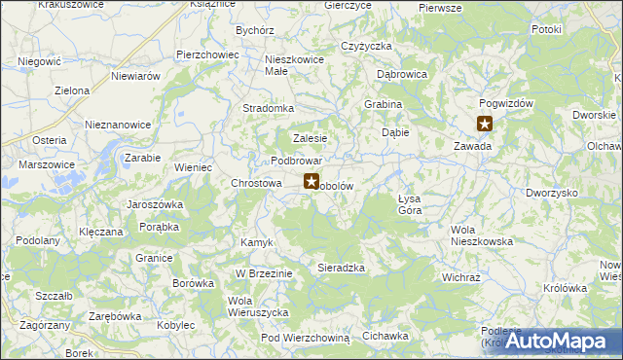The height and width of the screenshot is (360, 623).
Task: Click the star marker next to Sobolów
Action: (x=311, y=181)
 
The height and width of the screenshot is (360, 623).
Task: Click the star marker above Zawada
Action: (x=485, y=124)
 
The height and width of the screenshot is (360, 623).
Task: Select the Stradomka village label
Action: (x=268, y=108)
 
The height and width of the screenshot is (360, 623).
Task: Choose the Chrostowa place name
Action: (x=256, y=182)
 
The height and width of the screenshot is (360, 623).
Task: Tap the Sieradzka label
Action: (x=341, y=267)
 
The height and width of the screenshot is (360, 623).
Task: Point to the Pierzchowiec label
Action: (x=207, y=54)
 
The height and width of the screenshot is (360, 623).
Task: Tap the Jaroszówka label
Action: (x=156, y=205)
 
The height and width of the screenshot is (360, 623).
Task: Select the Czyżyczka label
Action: (x=366, y=46)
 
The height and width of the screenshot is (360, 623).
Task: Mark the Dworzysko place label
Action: (x=552, y=193)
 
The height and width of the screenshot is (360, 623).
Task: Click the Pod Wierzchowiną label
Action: (x=305, y=337)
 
